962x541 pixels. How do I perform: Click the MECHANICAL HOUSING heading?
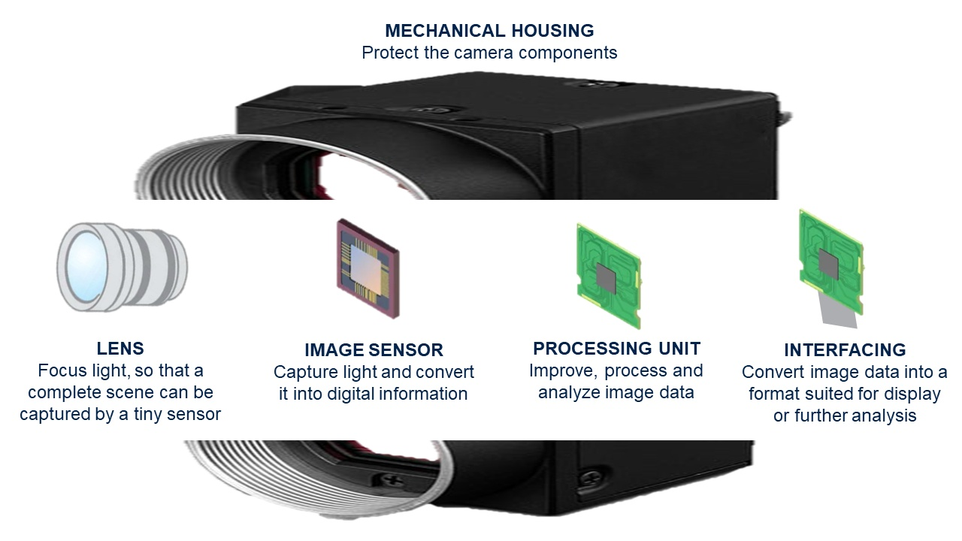point(489,31)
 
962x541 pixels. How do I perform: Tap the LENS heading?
point(120,349)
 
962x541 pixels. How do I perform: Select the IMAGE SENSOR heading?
point(374,350)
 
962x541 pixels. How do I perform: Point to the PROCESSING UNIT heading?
point(616,349)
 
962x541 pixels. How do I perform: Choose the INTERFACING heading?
point(845,350)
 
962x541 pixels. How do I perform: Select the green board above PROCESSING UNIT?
point(609,275)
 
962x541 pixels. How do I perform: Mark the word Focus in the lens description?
point(58,370)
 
